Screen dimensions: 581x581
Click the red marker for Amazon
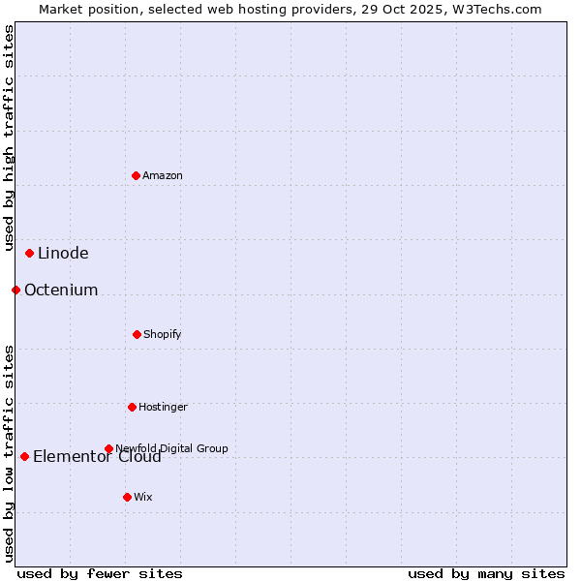[x=137, y=175]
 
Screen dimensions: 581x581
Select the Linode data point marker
[x=30, y=254]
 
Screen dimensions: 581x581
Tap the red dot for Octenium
[x=15, y=290]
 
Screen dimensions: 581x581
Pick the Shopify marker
[x=137, y=334]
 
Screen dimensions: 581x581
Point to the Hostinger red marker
[x=132, y=407]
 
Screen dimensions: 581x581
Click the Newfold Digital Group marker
[x=108, y=448]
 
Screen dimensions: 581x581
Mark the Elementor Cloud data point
[x=24, y=456]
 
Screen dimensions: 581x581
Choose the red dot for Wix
[x=127, y=497]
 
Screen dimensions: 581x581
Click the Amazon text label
[x=163, y=175]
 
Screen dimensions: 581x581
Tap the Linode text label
[x=63, y=254]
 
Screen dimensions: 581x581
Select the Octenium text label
[x=61, y=290]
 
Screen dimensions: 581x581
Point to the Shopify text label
[x=163, y=334]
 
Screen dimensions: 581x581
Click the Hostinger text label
[x=163, y=407]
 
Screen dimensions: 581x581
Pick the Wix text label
[x=143, y=497]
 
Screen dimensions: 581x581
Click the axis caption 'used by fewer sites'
[x=100, y=573]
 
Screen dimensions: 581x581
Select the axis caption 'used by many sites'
[x=486, y=573]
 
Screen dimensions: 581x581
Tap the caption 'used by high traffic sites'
[x=9, y=138]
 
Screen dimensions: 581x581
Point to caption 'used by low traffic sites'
[x=9, y=453]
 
